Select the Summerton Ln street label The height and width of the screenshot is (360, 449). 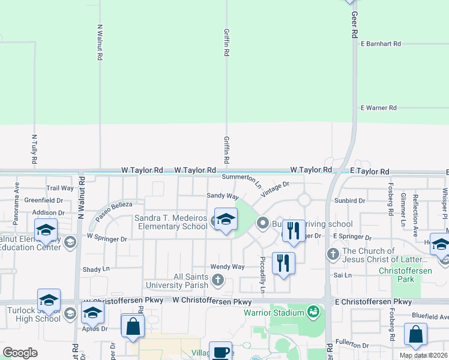[242, 179]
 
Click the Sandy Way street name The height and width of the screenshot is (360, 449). [223, 196]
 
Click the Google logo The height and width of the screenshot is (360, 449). [20, 353]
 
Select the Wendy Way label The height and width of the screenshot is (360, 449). [227, 266]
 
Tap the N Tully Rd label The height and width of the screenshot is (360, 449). [34, 149]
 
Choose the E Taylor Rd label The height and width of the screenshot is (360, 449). [369, 171]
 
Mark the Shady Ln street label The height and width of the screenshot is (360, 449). [97, 269]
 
